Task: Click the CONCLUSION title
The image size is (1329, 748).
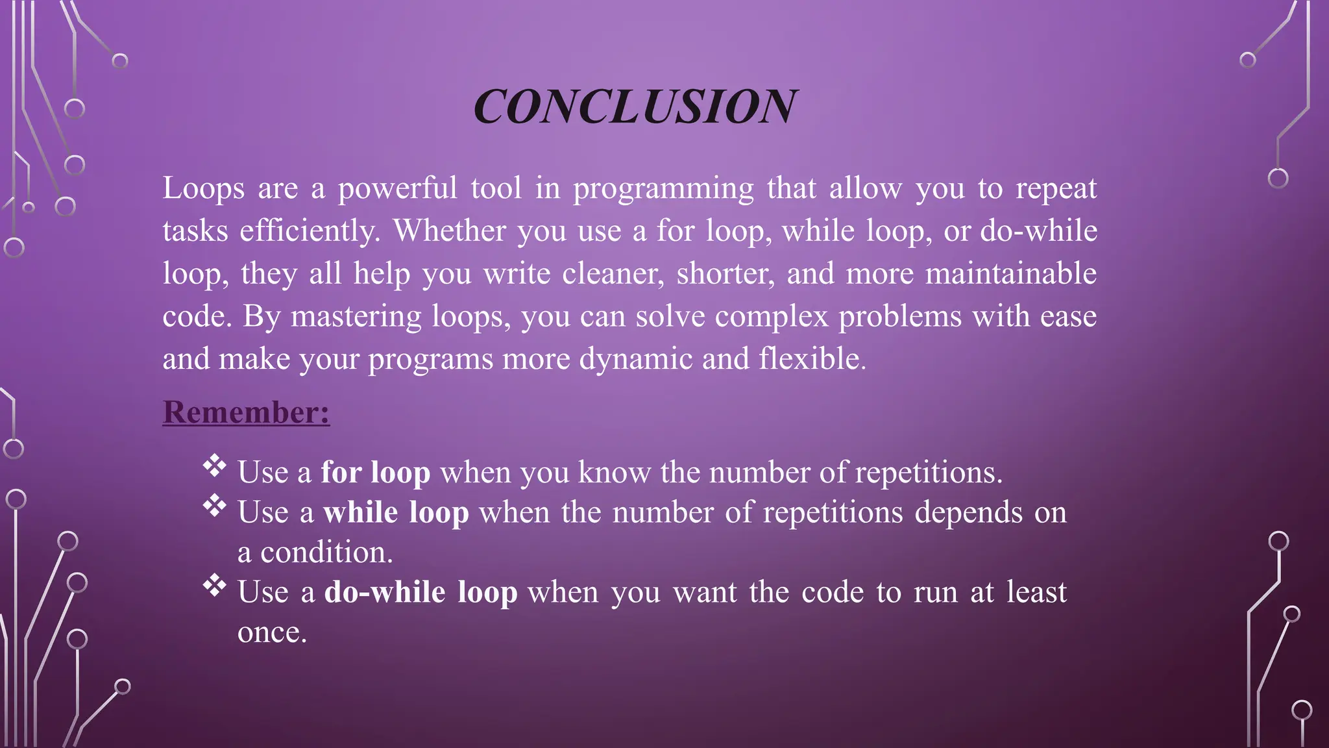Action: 635,106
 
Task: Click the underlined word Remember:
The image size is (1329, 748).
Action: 246,412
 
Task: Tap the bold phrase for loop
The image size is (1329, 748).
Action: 375,472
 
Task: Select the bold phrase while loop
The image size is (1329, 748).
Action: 396,512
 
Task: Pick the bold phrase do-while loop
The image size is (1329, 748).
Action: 421,592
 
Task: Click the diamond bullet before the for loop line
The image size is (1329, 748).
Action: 214,466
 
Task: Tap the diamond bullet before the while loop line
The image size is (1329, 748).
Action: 214,505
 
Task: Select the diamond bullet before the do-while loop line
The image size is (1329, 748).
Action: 214,586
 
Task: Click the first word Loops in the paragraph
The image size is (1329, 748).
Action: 203,189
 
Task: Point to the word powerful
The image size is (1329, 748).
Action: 397,189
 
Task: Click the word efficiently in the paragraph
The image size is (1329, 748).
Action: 309,231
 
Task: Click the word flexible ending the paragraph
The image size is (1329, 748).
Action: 812,358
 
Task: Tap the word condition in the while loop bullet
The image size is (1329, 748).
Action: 326,553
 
